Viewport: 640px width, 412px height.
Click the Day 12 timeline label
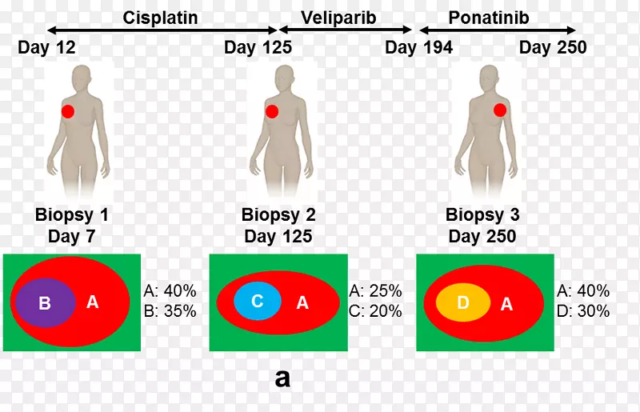(46, 48)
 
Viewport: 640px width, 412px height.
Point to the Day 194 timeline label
(418, 48)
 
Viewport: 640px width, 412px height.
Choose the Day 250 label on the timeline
(553, 48)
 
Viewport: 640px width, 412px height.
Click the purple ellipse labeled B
(45, 303)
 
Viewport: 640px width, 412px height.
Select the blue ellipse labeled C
(258, 302)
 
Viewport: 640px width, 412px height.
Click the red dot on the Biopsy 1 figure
(68, 112)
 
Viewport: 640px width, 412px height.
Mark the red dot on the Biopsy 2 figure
(272, 111)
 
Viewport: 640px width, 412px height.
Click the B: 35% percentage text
(170, 311)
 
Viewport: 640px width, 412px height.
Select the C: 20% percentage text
(375, 311)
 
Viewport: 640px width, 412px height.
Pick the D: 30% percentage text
(582, 311)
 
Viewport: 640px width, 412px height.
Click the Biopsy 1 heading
(72, 215)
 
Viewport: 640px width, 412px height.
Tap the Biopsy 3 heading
(482, 215)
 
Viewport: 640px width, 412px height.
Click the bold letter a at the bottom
(282, 378)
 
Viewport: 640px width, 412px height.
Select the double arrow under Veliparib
(337, 30)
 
